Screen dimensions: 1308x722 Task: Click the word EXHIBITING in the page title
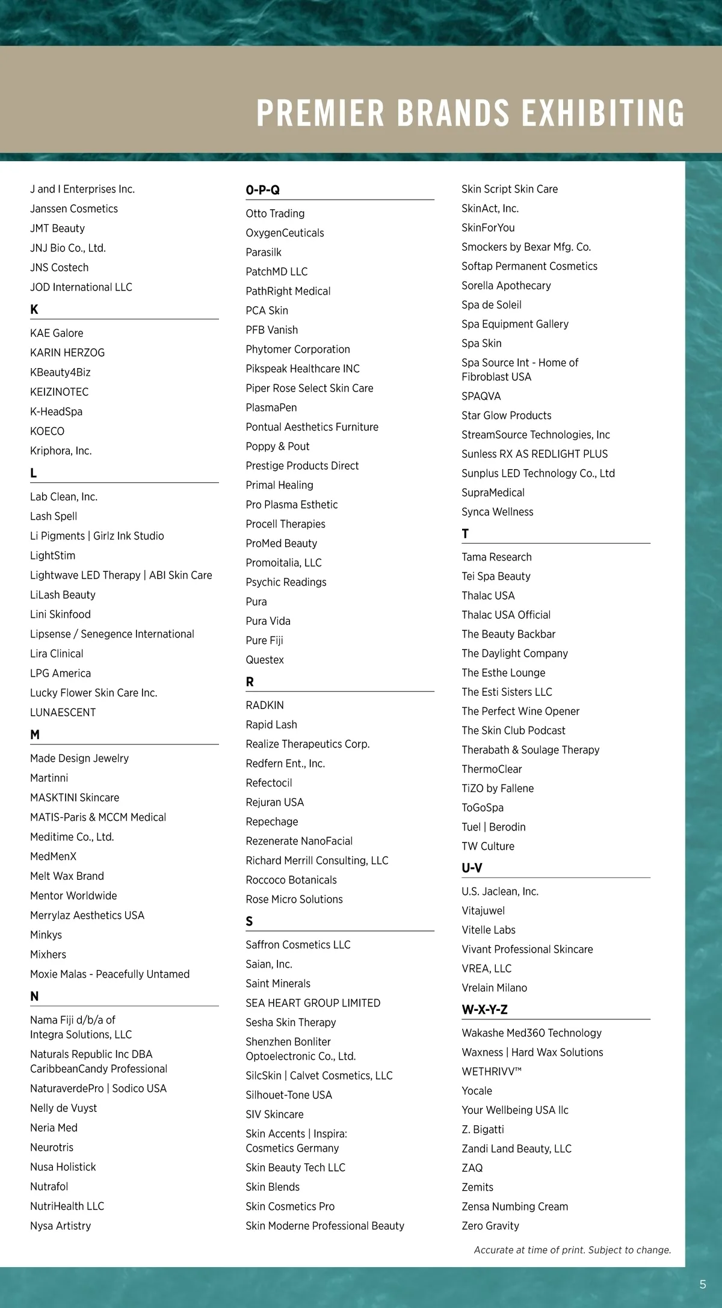point(603,112)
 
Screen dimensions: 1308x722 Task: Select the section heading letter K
point(34,310)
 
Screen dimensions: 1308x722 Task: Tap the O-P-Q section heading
point(262,190)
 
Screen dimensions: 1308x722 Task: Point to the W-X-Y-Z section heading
point(484,1010)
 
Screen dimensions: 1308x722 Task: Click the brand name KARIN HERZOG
point(67,352)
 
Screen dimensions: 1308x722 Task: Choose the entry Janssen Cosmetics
point(74,209)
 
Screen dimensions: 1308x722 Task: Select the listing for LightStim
point(52,555)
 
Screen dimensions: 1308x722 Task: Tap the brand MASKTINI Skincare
point(75,797)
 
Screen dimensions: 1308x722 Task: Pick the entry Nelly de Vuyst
point(63,1108)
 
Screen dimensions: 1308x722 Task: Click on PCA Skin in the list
point(267,310)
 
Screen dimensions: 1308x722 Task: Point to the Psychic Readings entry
point(286,582)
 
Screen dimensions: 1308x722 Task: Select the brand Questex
point(265,660)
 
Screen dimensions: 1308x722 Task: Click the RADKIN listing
point(265,705)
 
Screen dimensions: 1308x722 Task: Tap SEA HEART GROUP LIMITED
point(313,1002)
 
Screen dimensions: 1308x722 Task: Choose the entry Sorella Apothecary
point(506,285)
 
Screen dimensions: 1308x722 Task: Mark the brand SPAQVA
point(481,396)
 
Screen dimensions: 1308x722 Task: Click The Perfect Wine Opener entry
point(520,711)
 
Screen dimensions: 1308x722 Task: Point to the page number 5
point(703,1285)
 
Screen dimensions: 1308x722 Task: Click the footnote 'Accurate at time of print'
point(572,1250)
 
